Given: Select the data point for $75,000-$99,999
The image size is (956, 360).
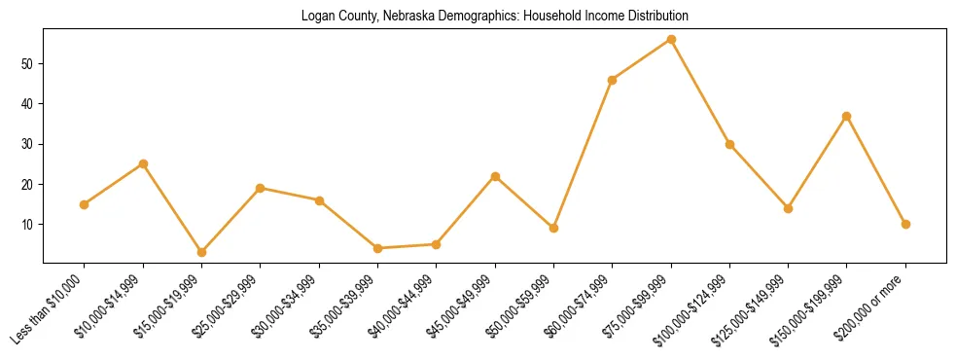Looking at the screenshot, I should (x=671, y=40).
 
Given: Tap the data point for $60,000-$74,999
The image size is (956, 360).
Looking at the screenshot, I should (x=612, y=80).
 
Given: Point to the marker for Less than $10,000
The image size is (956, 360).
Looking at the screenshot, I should (x=85, y=204).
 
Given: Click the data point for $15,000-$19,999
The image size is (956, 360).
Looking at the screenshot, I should (x=201, y=252).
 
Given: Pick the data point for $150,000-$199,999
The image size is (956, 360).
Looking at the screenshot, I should (x=846, y=116).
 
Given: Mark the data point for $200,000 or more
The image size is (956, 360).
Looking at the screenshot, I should (x=905, y=224).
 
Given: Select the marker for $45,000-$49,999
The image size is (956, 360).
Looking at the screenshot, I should (x=495, y=176).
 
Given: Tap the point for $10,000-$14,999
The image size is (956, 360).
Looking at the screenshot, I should (x=143, y=163).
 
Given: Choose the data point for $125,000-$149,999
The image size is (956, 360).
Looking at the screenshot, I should (x=788, y=208).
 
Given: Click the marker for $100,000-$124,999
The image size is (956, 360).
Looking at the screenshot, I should (x=729, y=144).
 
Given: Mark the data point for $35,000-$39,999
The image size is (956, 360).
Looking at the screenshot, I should (x=377, y=248).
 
